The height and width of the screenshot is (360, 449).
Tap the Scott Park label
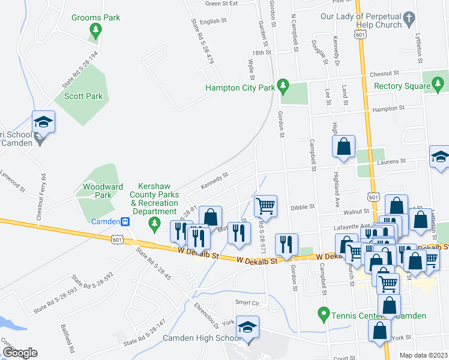(83, 96)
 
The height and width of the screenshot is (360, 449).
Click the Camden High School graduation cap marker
(247, 326)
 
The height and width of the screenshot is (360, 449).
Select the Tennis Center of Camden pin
(324, 314)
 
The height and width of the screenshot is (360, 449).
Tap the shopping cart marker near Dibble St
(265, 206)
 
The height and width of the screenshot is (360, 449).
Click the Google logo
(20, 353)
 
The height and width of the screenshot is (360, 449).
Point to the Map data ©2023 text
(424, 355)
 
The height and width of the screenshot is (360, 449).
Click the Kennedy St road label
(214, 180)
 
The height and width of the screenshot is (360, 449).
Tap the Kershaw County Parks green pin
(155, 224)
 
